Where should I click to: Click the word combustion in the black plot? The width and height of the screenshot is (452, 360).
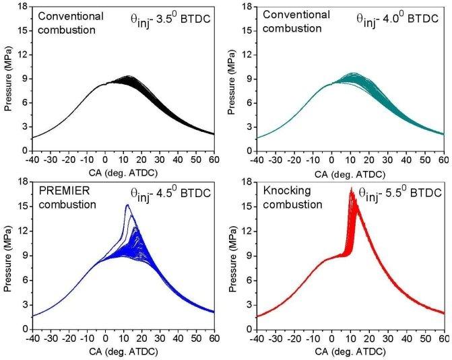click(65, 29)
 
